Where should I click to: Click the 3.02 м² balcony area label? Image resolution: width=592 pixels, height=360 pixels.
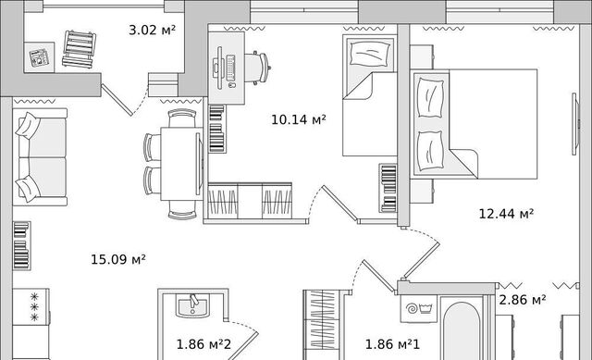pos(152,30)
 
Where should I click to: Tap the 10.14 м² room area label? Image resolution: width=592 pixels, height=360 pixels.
pos(298,119)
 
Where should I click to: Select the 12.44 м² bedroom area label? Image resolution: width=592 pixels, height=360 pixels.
pos(506,214)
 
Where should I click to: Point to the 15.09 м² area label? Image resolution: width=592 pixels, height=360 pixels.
pos(118,259)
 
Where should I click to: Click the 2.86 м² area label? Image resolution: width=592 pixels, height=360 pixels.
pos(523,300)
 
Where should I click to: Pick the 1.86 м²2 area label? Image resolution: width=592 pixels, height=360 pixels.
pos(203,344)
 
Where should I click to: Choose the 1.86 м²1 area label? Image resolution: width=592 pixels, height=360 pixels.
pos(392,344)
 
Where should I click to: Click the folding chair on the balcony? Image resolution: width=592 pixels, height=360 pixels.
pos(79,49)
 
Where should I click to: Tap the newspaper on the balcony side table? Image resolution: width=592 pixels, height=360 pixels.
pos(39,57)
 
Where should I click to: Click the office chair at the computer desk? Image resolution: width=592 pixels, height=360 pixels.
pos(257,68)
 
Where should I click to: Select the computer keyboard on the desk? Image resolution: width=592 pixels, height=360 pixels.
pos(230,68)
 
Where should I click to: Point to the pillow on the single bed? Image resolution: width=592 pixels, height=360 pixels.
pos(370,54)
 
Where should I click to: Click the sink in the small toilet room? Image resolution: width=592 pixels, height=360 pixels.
pos(192,306)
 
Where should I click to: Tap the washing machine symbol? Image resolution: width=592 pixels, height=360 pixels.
pos(419,308)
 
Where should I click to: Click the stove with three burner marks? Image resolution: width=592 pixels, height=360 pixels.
pos(31,306)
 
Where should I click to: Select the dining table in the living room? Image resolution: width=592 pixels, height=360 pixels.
pos(181,164)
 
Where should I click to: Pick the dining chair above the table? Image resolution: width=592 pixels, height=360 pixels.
pos(182,118)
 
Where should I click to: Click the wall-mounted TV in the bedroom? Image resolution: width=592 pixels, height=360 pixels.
pos(575,124)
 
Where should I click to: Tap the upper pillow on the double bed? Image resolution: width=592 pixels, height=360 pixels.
pos(430,98)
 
